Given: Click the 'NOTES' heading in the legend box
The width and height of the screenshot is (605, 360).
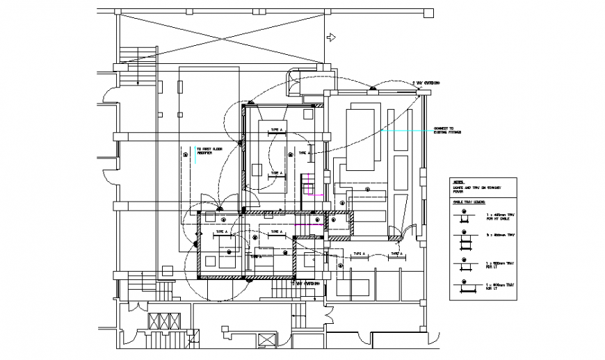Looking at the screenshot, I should point(458,182).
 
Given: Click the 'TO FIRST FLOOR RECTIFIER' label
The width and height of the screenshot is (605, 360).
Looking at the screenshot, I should point(209,151).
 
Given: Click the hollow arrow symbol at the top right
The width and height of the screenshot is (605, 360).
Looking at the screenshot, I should point(332,37).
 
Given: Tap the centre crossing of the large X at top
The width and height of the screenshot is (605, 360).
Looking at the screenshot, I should point(220,38).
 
